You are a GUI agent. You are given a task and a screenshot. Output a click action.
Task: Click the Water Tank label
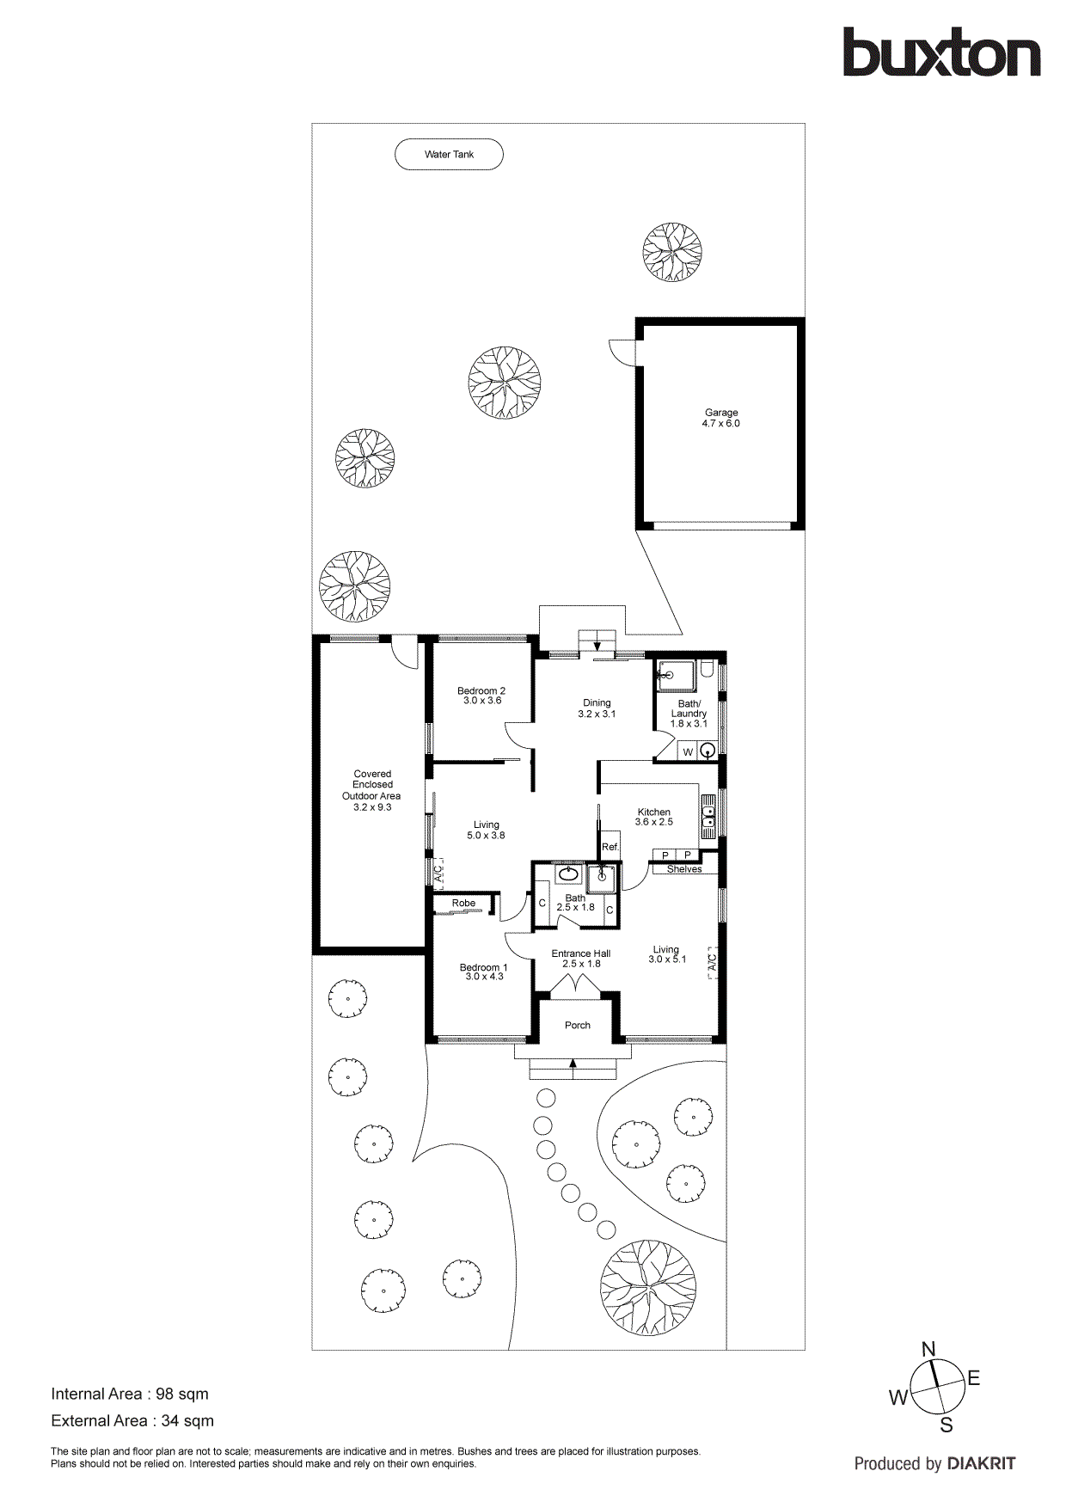pos(449,155)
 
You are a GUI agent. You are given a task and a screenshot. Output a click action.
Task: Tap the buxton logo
pos(941,53)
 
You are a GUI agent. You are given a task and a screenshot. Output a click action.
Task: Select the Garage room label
pos(721,418)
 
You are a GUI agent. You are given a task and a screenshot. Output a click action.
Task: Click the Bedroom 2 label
pos(481,695)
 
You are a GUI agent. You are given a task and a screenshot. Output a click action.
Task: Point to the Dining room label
pos(597,708)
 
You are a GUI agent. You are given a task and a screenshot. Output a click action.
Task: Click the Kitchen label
pos(653,816)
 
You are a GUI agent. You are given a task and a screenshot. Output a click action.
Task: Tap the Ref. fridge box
pos(610,847)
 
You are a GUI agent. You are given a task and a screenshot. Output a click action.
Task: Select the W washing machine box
pos(688,752)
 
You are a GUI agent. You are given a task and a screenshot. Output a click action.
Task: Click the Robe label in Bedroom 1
pos(463,903)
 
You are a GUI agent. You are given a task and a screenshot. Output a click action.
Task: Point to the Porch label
pos(578,1025)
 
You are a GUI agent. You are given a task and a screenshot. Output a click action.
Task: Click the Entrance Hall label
pos(581,958)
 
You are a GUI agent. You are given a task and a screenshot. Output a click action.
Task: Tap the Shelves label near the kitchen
pos(684,869)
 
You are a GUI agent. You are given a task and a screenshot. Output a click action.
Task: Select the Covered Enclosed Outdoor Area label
pos(372,790)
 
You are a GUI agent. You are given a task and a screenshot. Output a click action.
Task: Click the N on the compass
pos(928,1349)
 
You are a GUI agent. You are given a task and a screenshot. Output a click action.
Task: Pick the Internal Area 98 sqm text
pos(130,1394)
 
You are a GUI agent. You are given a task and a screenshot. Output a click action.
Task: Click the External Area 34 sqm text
pos(132,1420)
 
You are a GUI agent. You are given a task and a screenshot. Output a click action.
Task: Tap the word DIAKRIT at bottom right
pos(981,1463)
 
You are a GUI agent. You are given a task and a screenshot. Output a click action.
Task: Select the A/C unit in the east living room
pos(712,961)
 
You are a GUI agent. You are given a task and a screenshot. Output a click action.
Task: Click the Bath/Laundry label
pos(689,713)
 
